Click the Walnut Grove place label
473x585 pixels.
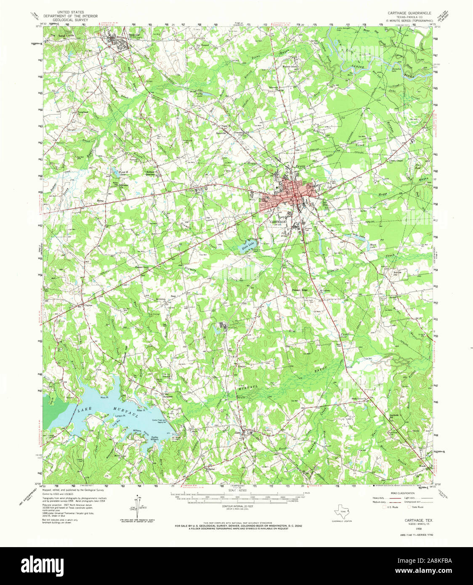[x=290, y=66]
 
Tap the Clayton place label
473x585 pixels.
[x=88, y=306]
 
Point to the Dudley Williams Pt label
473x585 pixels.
[x=155, y=439]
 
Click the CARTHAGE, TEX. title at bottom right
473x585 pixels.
[x=416, y=521]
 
